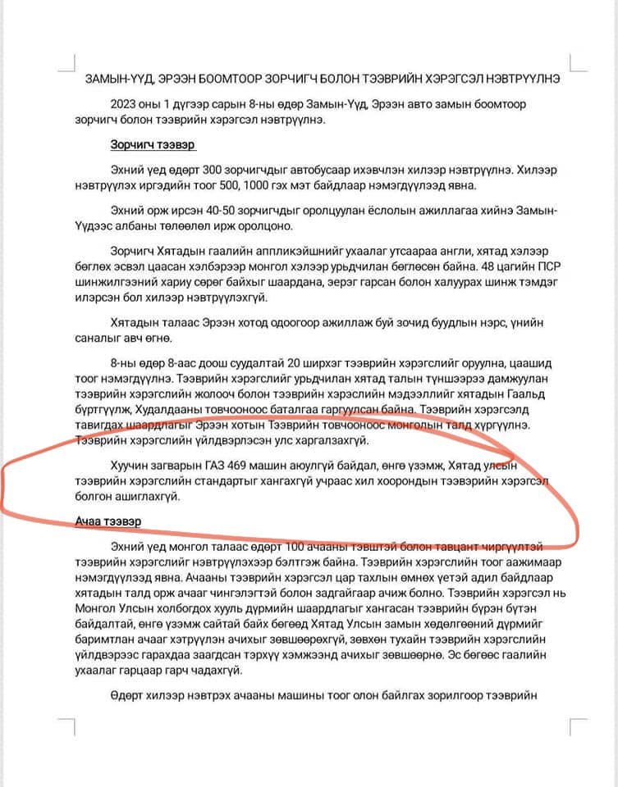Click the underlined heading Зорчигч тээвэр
[x=153, y=145]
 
